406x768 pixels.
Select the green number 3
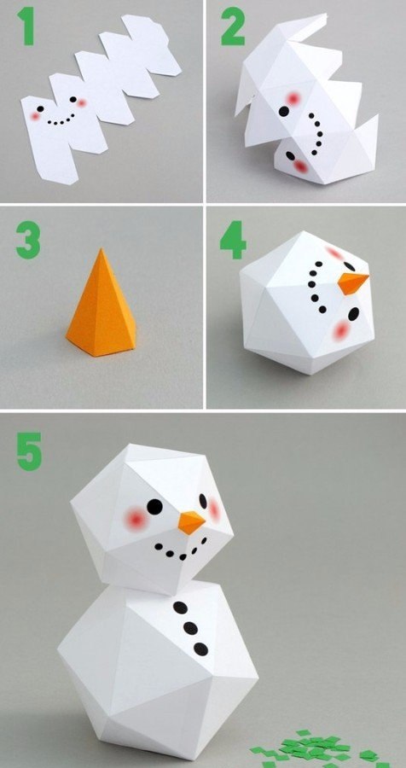[x=28, y=240]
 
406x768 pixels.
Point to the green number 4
[x=233, y=240]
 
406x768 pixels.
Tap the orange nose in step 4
[x=352, y=283]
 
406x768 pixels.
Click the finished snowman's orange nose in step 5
[x=191, y=522]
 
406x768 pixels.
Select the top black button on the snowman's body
[x=180, y=608]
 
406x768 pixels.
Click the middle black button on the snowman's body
[x=190, y=627]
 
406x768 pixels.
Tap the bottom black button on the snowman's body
[x=200, y=649]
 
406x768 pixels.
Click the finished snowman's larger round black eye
[x=154, y=506]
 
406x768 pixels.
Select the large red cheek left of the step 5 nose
[x=135, y=517]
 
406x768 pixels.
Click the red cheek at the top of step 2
[x=293, y=98]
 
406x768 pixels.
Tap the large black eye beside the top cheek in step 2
[x=283, y=111]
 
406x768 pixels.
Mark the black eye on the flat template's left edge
[x=40, y=108]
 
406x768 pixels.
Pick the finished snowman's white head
[x=152, y=519]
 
